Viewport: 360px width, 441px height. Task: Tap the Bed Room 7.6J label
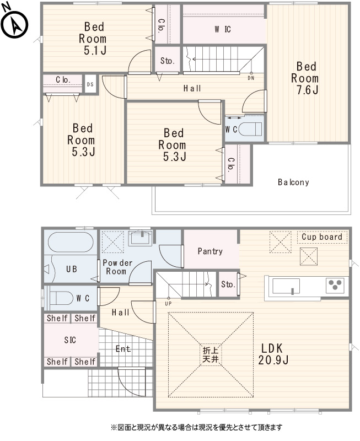(305, 78)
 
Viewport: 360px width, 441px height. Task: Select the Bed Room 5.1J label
(93, 39)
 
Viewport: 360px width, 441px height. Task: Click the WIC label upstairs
(223, 29)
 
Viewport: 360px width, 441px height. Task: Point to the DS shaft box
(90, 84)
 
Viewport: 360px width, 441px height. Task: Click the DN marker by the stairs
(251, 78)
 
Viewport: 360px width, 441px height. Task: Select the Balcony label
(293, 182)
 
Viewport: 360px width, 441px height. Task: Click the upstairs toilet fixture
(250, 130)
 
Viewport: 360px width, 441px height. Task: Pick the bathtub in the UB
(71, 242)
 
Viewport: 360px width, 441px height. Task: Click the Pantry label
(210, 251)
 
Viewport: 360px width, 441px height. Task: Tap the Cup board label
(322, 237)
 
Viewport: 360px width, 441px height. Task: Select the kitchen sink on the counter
(286, 286)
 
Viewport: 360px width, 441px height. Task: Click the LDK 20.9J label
(273, 354)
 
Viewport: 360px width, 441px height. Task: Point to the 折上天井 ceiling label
(211, 355)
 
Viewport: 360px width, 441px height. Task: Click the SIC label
(70, 340)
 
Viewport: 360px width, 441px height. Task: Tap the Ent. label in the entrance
(123, 349)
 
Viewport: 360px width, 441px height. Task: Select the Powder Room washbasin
(141, 238)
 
